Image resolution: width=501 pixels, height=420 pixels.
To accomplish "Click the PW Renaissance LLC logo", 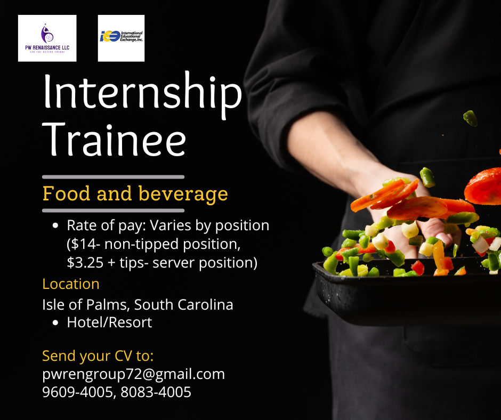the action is (x=47, y=38).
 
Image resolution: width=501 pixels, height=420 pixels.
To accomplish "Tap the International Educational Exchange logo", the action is (x=121, y=38).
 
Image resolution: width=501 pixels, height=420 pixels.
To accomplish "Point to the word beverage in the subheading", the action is (x=183, y=194).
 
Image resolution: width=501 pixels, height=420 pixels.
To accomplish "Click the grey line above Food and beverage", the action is (x=114, y=177).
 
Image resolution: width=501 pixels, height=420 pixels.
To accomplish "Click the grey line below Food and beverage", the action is (x=114, y=211).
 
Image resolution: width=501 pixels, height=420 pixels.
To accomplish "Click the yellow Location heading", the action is (x=71, y=284).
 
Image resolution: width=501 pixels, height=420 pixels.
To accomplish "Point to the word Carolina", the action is (x=205, y=304).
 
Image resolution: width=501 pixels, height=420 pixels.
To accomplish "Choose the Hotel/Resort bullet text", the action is (x=109, y=322).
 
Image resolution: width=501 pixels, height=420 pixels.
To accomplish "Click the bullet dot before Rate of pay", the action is (x=55, y=225).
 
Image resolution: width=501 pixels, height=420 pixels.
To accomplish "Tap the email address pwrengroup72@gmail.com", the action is (x=134, y=374).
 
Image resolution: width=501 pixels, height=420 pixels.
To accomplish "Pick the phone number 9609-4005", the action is (x=77, y=392).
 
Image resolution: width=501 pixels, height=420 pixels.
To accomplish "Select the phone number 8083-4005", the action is (x=156, y=392).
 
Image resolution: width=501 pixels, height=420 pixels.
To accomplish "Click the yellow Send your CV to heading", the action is (x=98, y=356).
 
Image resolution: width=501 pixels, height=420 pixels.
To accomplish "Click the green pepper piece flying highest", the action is (x=470, y=118).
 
